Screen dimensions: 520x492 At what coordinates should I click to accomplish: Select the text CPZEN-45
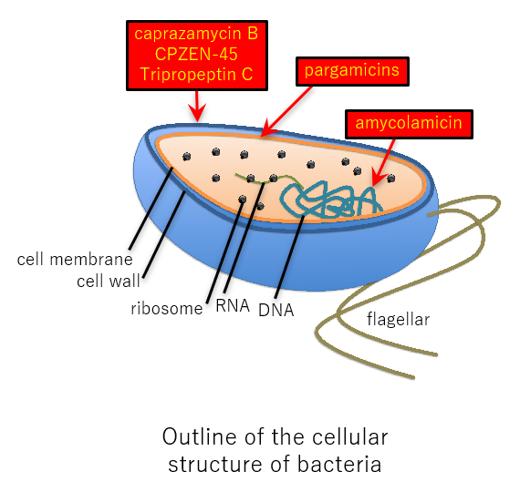(x=196, y=54)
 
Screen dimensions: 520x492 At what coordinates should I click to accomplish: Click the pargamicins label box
(x=352, y=71)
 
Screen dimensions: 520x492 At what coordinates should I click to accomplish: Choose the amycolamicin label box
(x=409, y=124)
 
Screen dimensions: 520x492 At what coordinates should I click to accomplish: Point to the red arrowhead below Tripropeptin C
(x=197, y=113)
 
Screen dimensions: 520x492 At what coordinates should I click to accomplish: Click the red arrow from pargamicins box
(x=286, y=111)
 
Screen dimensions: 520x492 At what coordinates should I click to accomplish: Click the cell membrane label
(x=75, y=260)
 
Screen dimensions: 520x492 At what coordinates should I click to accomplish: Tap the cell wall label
(x=109, y=282)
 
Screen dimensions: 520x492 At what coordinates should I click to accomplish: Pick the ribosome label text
(x=167, y=309)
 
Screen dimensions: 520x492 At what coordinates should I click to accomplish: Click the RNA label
(x=233, y=305)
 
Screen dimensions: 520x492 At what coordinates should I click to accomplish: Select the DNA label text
(x=276, y=311)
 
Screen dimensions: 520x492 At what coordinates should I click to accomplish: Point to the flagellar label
(x=398, y=320)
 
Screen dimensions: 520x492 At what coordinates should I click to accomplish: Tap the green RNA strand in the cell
(x=269, y=179)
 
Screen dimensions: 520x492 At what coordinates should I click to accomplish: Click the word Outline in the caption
(x=200, y=436)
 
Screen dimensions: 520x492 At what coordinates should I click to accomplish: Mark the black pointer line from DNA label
(x=289, y=257)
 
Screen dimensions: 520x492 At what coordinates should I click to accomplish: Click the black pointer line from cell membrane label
(x=151, y=209)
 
